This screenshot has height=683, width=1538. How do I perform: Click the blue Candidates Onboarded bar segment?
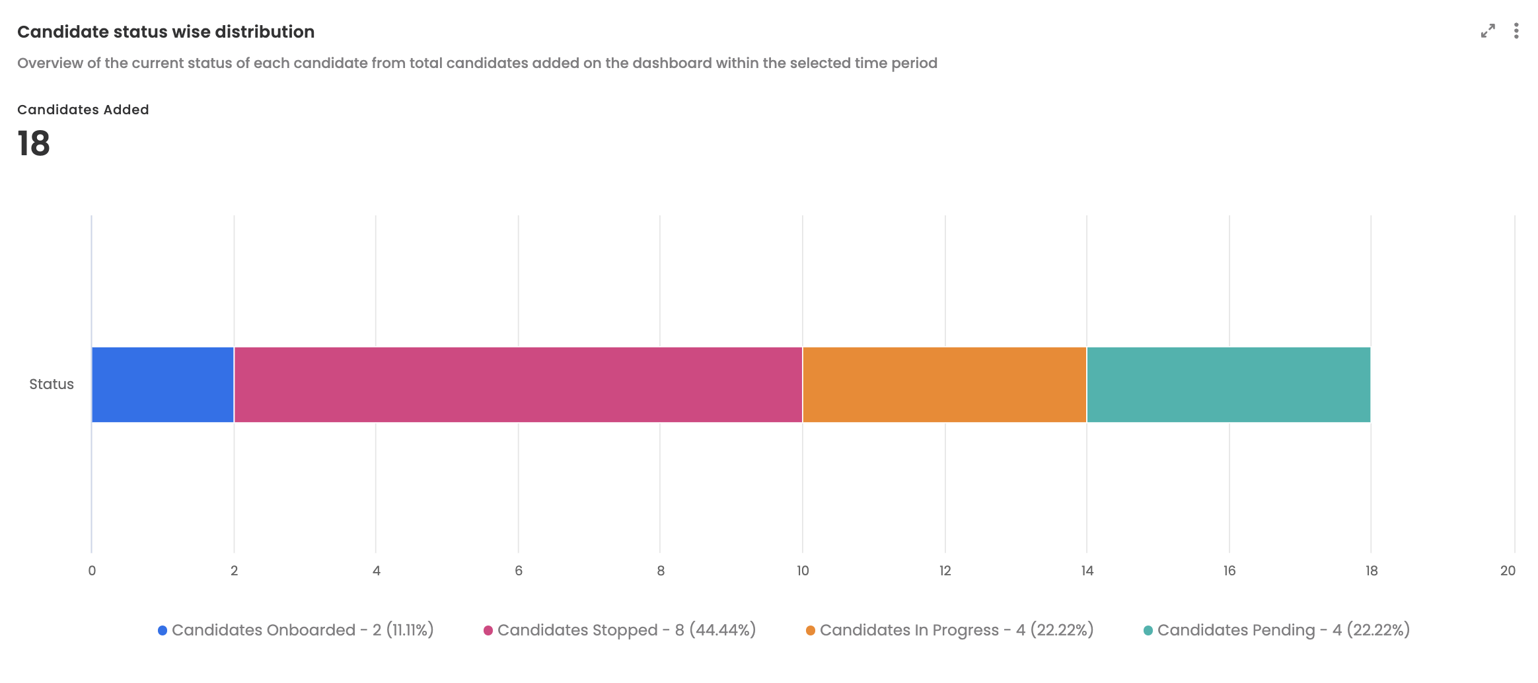[163, 384]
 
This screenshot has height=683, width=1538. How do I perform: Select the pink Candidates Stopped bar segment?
[518, 384]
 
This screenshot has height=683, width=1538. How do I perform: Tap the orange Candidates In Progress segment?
[944, 384]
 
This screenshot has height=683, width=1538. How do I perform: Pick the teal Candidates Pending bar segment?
[1228, 384]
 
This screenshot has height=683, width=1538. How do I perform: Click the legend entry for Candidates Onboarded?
[296, 630]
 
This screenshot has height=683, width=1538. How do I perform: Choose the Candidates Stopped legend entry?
[620, 630]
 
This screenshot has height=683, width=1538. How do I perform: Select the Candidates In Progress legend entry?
[949, 630]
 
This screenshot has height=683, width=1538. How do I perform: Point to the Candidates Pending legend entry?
[1276, 630]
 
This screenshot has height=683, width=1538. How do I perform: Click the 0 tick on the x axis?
[92, 571]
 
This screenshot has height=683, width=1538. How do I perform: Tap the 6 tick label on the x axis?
[519, 571]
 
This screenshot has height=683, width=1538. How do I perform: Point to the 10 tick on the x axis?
[803, 571]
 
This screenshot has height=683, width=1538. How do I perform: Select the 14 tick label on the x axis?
[1087, 571]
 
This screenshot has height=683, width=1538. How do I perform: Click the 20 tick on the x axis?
[1508, 571]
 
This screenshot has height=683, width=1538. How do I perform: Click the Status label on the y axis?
[52, 384]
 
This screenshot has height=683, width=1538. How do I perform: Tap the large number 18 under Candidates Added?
[34, 143]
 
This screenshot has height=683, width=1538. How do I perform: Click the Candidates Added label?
[83, 110]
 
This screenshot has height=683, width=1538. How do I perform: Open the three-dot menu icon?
[1516, 31]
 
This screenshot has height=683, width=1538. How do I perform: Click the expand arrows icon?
[1488, 31]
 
